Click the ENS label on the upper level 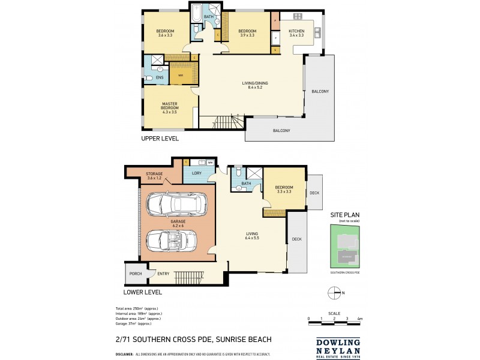(160, 77)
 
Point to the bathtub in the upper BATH (197, 13)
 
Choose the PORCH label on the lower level (135, 274)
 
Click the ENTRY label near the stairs (163, 274)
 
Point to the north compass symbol (335, 293)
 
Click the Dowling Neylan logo (337, 348)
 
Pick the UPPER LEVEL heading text (160, 139)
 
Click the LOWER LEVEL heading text (143, 293)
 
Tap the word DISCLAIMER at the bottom (125, 355)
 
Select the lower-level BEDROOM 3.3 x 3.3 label (283, 190)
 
